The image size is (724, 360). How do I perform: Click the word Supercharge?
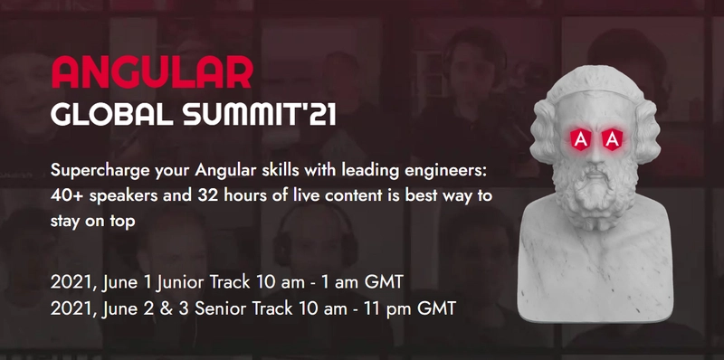pos(101,170)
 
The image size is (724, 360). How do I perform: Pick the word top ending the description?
pos(119,221)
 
